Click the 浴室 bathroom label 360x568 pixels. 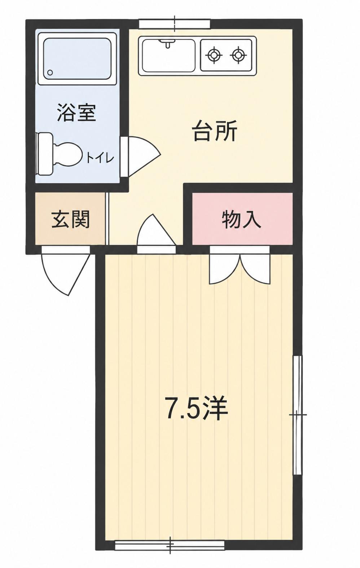click(x=76, y=113)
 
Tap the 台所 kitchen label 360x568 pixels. click(x=215, y=131)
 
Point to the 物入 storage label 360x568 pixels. click(x=241, y=219)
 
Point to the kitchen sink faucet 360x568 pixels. click(x=167, y=43)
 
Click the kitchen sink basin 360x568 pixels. click(x=169, y=56)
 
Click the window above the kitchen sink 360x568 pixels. click(x=175, y=24)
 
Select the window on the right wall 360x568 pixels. click(x=298, y=415)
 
